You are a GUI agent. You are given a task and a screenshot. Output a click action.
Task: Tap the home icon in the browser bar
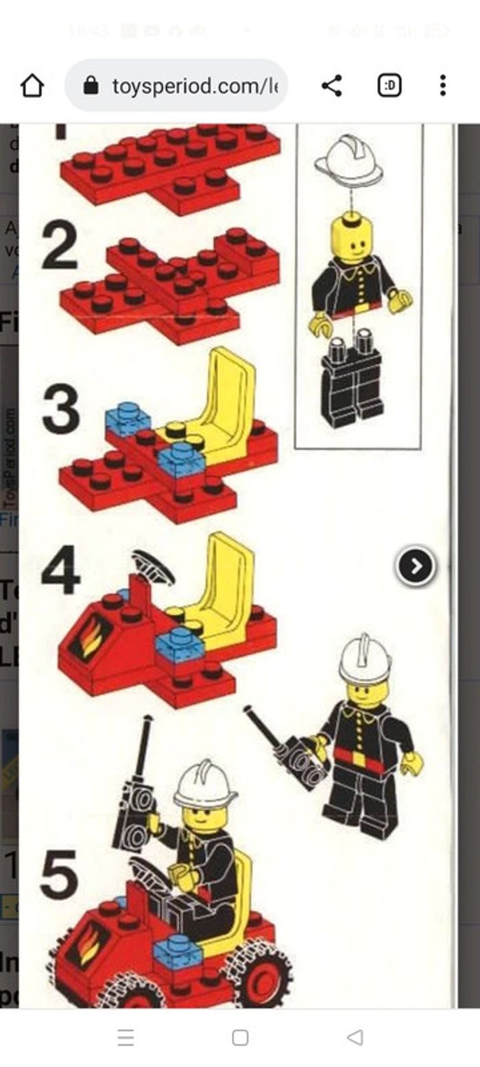[32, 86]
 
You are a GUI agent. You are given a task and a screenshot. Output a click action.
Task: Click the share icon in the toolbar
[332, 86]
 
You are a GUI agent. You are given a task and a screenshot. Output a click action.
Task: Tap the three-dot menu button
[443, 86]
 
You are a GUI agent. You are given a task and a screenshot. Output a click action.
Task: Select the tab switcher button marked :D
[389, 86]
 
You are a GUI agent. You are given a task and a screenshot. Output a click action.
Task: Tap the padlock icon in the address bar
[91, 86]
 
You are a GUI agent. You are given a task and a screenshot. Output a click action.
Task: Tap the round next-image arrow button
[416, 566]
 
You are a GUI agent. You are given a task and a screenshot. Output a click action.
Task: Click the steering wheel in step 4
[152, 566]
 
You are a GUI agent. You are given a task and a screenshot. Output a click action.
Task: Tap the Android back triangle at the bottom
[355, 1038]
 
